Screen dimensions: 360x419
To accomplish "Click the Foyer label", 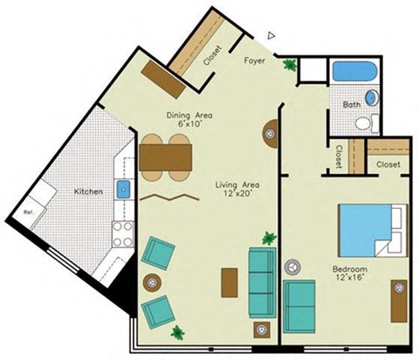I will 255,60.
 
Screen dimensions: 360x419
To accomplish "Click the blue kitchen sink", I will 124,189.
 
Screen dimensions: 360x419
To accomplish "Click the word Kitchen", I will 88,191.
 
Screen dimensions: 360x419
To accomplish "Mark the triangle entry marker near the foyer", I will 271,36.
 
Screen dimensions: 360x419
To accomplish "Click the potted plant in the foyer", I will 289,64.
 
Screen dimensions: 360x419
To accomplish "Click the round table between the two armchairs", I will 151,282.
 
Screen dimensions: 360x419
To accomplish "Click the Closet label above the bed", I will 387,164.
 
